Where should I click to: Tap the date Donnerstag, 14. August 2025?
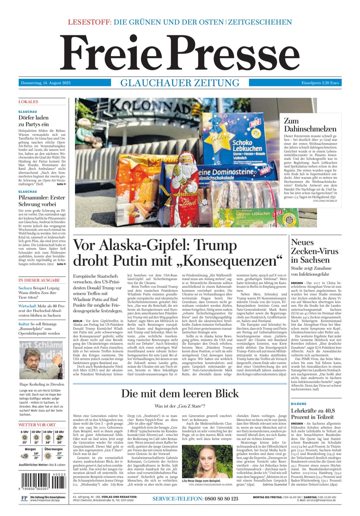[46, 83]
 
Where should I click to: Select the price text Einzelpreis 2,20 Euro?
[320, 83]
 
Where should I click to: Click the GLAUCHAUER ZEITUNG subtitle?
[180, 83]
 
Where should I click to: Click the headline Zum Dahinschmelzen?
[310, 125]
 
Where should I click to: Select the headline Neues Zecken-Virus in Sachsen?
[315, 251]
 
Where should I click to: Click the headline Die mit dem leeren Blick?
[180, 393]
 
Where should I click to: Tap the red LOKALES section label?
[28, 102]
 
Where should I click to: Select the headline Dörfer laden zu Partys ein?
[34, 121]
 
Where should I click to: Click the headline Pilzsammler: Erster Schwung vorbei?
[42, 201]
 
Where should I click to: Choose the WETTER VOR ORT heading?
[37, 425]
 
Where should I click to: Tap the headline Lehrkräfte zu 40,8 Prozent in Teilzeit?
[313, 414]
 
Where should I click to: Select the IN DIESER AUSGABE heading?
[39, 280]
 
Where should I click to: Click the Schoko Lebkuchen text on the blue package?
[247, 146]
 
